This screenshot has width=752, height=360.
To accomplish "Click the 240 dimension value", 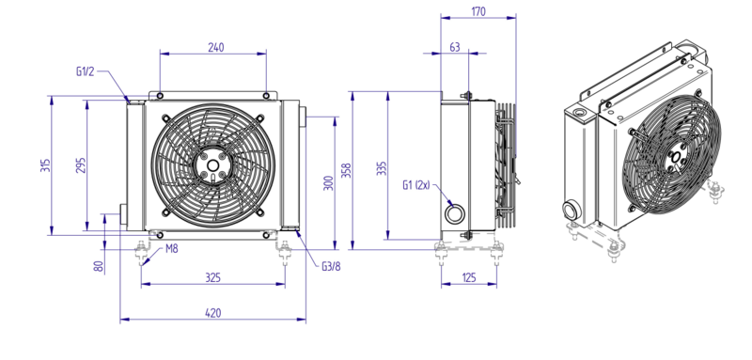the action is (x=216, y=47).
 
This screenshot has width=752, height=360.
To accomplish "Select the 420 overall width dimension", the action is (x=213, y=313).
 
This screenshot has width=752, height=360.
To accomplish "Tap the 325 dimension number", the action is (x=213, y=277).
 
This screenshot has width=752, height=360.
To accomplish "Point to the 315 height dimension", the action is (x=45, y=165).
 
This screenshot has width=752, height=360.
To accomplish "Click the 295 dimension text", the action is (x=81, y=165).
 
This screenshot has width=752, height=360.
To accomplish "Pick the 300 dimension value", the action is (x=328, y=183).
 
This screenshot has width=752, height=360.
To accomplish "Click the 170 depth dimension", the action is (x=478, y=11).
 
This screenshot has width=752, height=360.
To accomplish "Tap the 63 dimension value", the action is (x=455, y=47).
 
